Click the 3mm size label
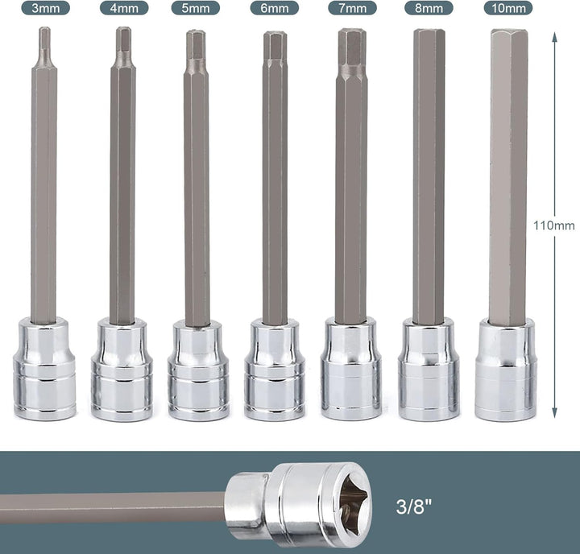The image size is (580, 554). coord(45,8)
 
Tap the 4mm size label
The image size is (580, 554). coord(124,8)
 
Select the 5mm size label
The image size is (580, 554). coord(195,8)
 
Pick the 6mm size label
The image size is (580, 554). coord(274,8)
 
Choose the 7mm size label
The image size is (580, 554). coord(352,8)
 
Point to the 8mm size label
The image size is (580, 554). coord(429,8)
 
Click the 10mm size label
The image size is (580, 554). coord(508,8)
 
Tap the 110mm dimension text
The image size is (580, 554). coord(553,225)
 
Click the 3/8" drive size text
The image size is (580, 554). coord(414,506)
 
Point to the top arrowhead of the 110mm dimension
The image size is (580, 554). coord(554,36)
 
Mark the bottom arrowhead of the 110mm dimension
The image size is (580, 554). coord(554,413)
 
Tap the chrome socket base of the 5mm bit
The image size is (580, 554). coord(198,370)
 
